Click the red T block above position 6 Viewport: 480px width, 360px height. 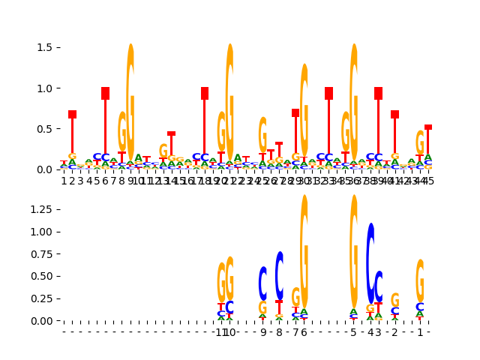click(106, 93)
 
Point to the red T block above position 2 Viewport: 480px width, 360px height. click(73, 114)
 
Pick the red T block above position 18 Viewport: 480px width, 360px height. click(205, 93)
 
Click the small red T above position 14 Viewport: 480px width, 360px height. click(172, 133)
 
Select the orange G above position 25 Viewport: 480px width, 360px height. click(262, 135)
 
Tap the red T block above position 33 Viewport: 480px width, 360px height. click(328, 93)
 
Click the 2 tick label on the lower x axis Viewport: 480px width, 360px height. click(394, 332)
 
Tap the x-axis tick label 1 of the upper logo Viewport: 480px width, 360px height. click(64, 181)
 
